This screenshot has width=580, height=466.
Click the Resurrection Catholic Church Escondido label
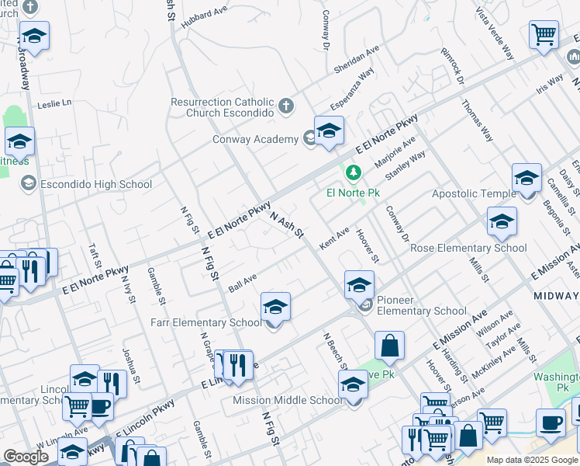(x=223, y=107)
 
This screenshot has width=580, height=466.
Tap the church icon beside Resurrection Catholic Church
(x=286, y=106)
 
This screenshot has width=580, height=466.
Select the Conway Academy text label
(x=255, y=139)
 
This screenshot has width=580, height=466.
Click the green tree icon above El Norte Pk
(x=354, y=172)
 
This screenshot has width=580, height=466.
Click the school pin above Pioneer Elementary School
(x=359, y=285)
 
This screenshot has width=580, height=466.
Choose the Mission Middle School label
(x=288, y=400)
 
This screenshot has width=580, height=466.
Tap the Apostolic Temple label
(x=473, y=193)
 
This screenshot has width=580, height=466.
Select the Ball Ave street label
(x=242, y=283)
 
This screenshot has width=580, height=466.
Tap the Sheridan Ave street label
(x=356, y=59)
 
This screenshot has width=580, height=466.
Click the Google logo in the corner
(x=26, y=457)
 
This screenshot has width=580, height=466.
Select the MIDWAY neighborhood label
(x=556, y=296)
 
